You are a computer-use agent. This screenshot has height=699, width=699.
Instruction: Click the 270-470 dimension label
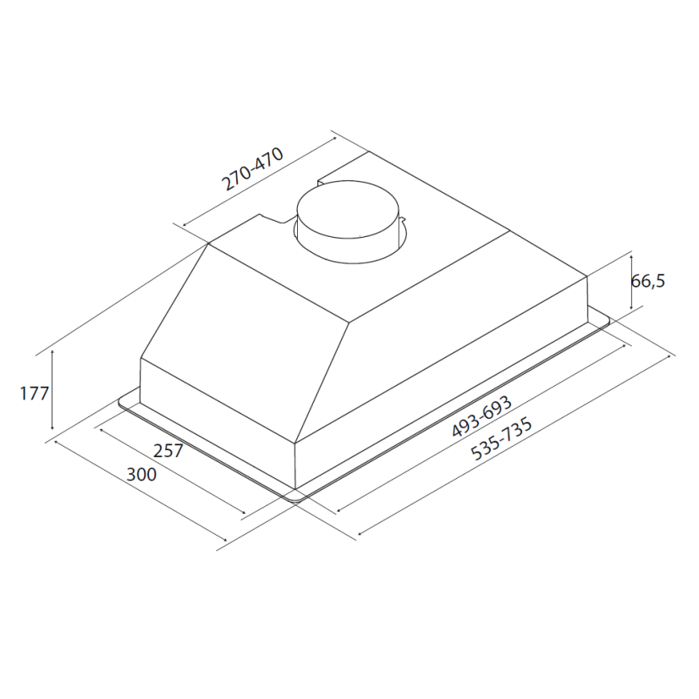[253, 169]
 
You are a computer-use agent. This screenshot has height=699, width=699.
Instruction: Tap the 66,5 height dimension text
[648, 281]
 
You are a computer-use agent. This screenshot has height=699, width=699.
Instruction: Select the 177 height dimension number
[35, 394]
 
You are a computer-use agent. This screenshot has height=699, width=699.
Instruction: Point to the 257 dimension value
[168, 451]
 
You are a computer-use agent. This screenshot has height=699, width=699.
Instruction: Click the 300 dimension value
[142, 474]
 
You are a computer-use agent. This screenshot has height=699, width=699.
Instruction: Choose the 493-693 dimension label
[482, 416]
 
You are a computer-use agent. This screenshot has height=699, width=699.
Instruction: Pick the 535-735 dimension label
[502, 438]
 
